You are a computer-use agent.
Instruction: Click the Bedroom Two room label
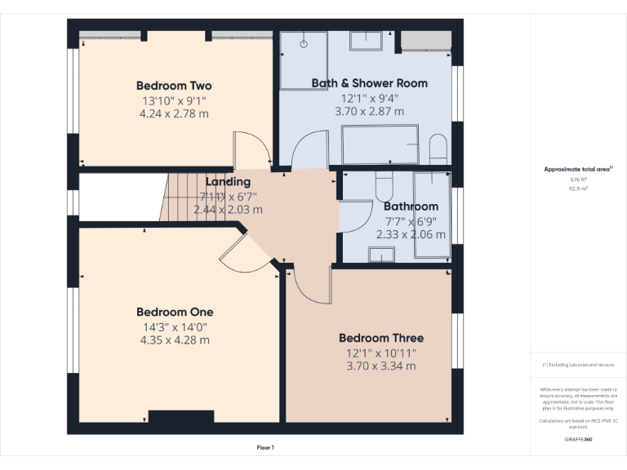coord(174,86)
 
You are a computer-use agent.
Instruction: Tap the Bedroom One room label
coord(175,312)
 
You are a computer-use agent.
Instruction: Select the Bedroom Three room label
coord(381,338)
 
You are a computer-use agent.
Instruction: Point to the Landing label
coord(228,182)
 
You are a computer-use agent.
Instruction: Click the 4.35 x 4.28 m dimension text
coord(175,339)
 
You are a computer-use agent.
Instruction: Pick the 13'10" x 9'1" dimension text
coord(174,101)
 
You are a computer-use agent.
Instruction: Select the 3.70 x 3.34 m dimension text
coord(381,366)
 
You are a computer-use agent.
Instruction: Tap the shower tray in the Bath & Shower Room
coord(304,60)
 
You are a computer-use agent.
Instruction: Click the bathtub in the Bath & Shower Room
coord(380,144)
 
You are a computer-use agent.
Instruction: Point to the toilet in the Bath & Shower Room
coord(438,148)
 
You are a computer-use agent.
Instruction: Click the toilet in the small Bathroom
coord(385,187)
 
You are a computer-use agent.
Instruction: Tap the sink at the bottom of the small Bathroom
coord(381,255)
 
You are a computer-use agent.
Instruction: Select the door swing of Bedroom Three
coord(310,285)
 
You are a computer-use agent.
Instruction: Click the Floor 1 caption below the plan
coord(265,448)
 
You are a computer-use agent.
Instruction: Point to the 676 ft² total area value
coord(579,180)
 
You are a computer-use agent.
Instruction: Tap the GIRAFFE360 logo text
coord(578,440)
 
